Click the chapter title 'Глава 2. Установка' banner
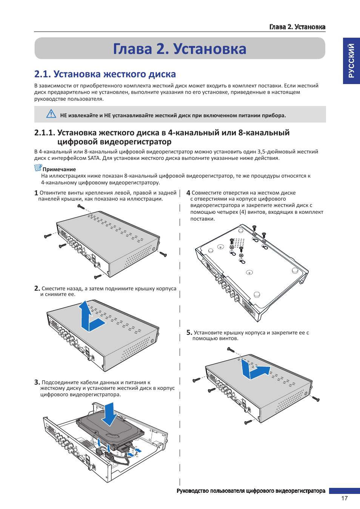(180, 49)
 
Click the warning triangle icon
(51, 113)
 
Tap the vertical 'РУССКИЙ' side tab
(351, 61)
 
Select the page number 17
(344, 498)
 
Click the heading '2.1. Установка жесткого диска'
(105, 74)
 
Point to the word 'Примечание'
(59, 169)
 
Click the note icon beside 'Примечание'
(38, 168)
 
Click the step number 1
(36, 193)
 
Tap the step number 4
(188, 193)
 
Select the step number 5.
(189, 333)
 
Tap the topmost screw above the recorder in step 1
(81, 207)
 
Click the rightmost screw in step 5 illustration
(316, 399)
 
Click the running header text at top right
(297, 27)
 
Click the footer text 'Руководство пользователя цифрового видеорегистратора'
(251, 491)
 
